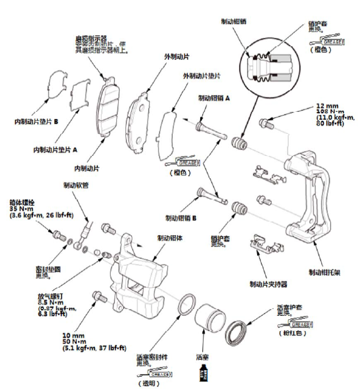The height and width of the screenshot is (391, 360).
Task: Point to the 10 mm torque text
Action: [74, 335]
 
